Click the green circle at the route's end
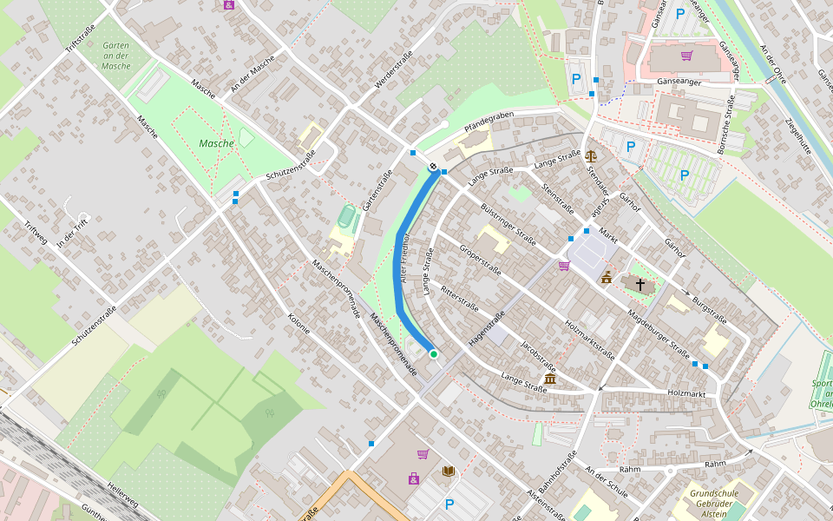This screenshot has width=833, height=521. click(x=433, y=354)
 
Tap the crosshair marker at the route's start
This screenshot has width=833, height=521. click(x=432, y=166)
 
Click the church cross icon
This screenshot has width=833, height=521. click(x=640, y=284)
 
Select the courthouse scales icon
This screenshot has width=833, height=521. click(x=591, y=156)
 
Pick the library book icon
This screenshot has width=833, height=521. click(x=448, y=472)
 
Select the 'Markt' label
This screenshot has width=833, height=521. click(x=607, y=235)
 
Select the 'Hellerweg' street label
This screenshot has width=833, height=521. click(x=121, y=495)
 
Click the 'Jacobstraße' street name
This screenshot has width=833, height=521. click(x=538, y=356)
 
